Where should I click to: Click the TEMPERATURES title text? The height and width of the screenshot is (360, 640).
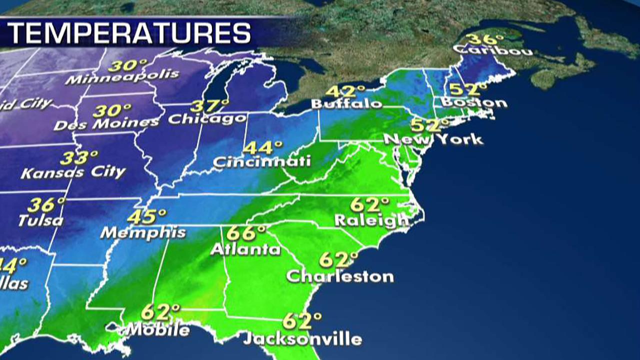pos(129,33)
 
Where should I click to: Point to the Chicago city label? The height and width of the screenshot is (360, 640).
pos(207,119)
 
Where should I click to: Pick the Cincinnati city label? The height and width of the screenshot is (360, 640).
pos(262,161)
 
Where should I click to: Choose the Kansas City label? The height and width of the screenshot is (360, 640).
pos(73,172)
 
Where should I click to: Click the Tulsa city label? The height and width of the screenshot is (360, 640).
pos(41,220)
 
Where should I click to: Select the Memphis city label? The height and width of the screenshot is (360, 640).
pos(143,232)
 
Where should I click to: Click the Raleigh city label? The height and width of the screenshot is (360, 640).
pos(371,219)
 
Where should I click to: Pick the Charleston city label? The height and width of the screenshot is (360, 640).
pos(340,276)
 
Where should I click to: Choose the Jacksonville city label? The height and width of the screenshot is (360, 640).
pos(302,339)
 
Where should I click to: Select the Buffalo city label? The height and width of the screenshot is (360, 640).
pos(346,104)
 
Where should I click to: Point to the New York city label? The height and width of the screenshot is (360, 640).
pos(433,138)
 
